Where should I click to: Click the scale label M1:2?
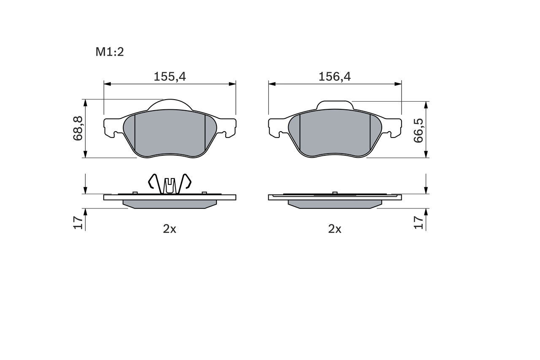[x=109, y=52]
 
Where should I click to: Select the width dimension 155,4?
[x=170, y=76]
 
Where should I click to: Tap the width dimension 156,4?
[x=335, y=76]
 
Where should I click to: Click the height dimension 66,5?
[x=418, y=130]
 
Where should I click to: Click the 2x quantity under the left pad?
[x=170, y=229]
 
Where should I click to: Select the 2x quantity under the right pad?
[x=335, y=229]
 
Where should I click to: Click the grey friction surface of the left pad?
[x=170, y=133]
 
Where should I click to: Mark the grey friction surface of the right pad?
[x=335, y=133]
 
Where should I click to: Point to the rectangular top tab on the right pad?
[x=335, y=105]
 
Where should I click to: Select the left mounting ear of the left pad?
[x=111, y=127]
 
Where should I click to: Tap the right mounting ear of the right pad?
[x=393, y=127]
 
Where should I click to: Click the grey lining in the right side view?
[x=335, y=204]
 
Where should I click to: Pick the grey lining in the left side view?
[x=170, y=204]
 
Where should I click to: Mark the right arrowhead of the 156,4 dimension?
[x=398, y=84]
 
